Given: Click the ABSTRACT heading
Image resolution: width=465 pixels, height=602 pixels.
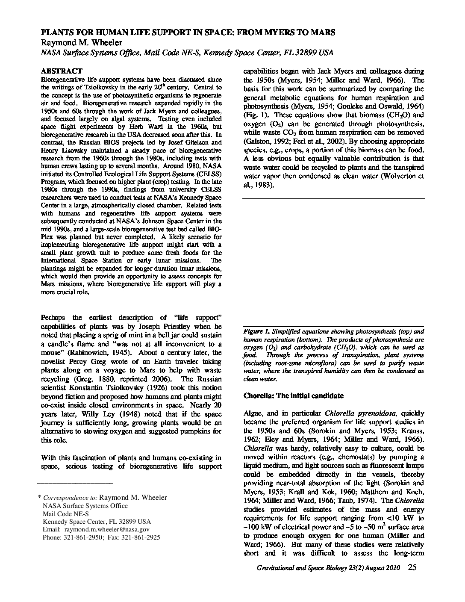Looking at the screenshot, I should [x=62, y=71].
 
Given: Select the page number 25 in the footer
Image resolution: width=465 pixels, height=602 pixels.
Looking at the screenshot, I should [x=412, y=568].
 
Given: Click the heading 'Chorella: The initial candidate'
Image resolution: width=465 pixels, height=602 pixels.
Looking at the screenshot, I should [x=293, y=395].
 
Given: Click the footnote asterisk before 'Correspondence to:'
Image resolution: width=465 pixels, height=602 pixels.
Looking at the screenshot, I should [x=39, y=498].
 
